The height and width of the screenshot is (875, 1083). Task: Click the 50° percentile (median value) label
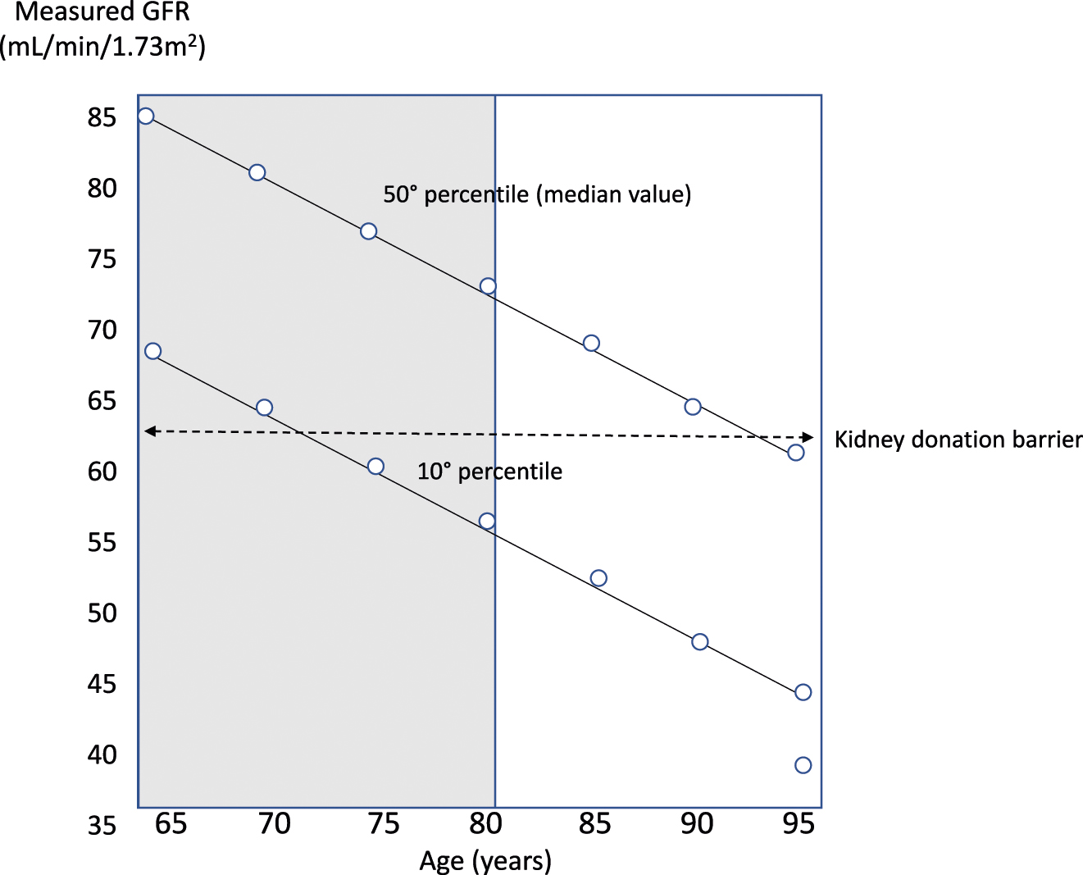(x=537, y=194)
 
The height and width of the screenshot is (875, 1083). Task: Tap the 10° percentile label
(x=489, y=472)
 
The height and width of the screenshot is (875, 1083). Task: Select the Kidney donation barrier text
(x=958, y=440)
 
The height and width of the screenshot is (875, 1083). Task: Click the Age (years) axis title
(x=485, y=860)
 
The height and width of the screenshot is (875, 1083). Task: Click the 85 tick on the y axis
(x=102, y=118)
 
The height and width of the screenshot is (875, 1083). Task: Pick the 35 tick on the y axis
(x=102, y=825)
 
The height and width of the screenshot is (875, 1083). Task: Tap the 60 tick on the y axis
(x=102, y=472)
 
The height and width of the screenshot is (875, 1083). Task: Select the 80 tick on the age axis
(x=486, y=823)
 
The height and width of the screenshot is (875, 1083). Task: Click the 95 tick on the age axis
(x=798, y=823)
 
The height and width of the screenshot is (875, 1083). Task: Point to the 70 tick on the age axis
(x=274, y=823)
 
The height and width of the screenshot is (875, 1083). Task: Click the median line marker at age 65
(x=146, y=116)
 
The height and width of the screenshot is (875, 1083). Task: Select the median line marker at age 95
(x=795, y=453)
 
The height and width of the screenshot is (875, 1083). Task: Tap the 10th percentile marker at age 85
(x=598, y=578)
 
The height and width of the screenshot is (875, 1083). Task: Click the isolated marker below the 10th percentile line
(x=803, y=765)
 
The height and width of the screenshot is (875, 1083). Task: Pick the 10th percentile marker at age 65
(x=152, y=351)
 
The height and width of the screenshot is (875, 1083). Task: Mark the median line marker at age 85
(x=591, y=343)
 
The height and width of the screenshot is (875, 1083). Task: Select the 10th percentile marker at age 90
(x=699, y=642)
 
